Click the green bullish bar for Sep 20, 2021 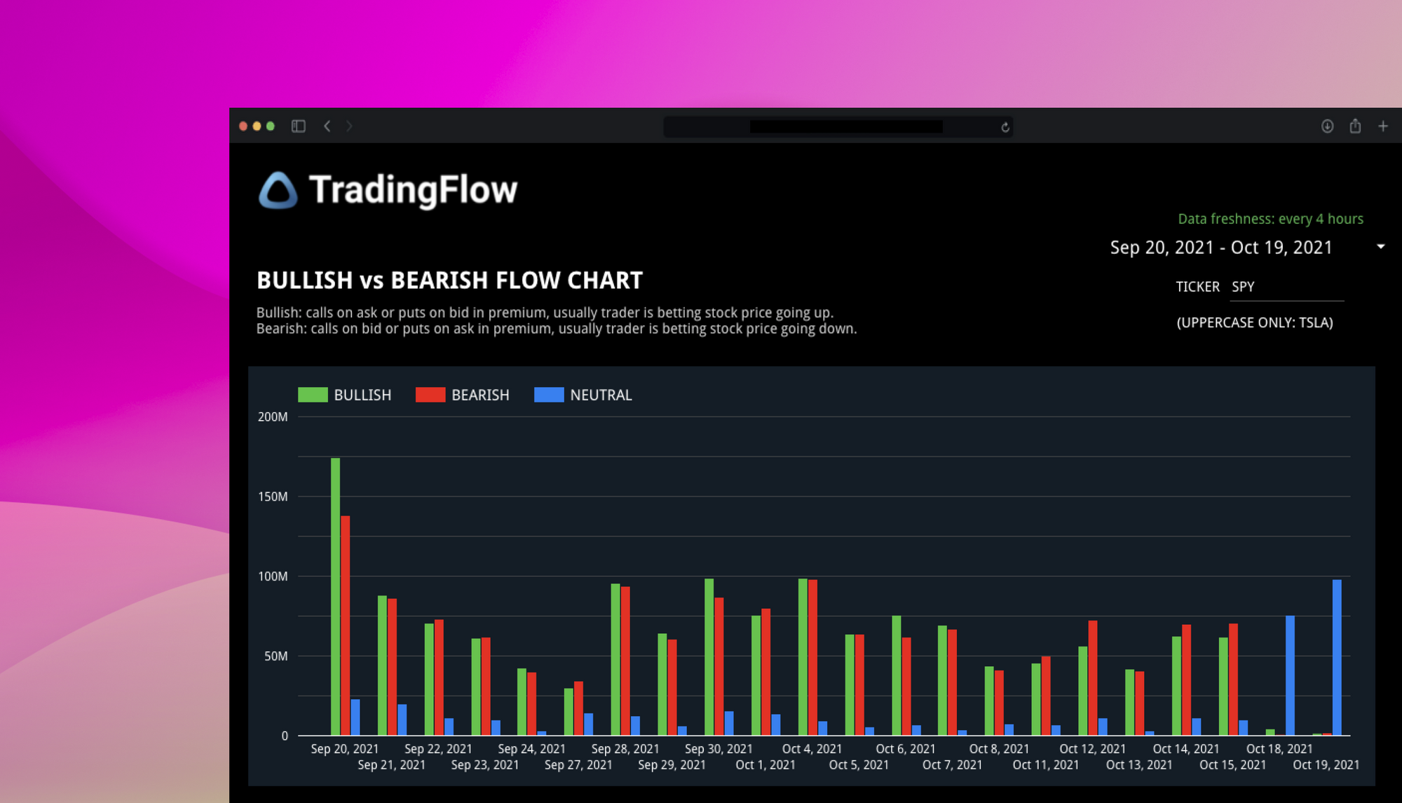pyautogui.click(x=335, y=596)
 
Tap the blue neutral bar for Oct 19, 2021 pyautogui.click(x=1337, y=657)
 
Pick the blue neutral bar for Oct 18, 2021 pyautogui.click(x=1290, y=675)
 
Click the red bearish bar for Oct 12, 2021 pyautogui.click(x=1093, y=677)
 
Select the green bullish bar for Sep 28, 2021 pyautogui.click(x=615, y=659)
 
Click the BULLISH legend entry pyautogui.click(x=345, y=395)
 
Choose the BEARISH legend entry pyautogui.click(x=463, y=395)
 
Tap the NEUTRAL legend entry pyautogui.click(x=583, y=395)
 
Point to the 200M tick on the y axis pyautogui.click(x=273, y=417)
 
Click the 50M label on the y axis pyautogui.click(x=275, y=656)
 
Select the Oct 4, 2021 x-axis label pyautogui.click(x=812, y=749)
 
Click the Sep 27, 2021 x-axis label pyautogui.click(x=578, y=765)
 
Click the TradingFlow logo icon pyautogui.click(x=278, y=190)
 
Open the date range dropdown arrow pyautogui.click(x=1380, y=247)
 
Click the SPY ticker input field pyautogui.click(x=1286, y=287)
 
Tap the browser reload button pyautogui.click(x=1005, y=127)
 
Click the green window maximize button pyautogui.click(x=271, y=126)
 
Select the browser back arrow pyautogui.click(x=327, y=126)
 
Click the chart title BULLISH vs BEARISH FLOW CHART pyautogui.click(x=449, y=281)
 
